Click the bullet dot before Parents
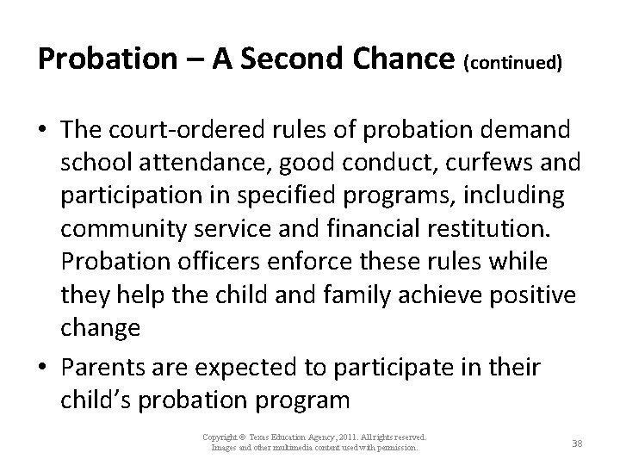(44, 369)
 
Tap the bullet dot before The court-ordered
(44, 131)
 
